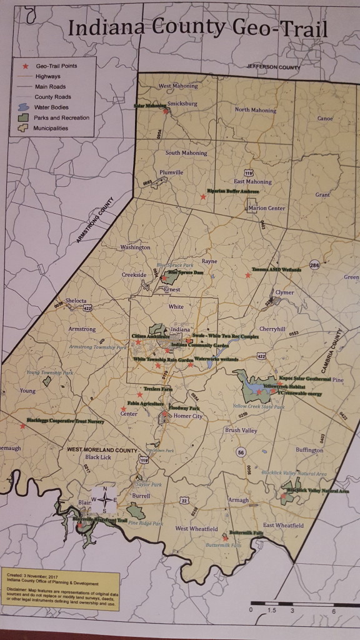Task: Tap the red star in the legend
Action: (x=26, y=66)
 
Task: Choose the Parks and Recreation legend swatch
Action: (x=25, y=117)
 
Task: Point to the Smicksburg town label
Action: (x=182, y=105)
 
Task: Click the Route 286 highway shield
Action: (x=314, y=265)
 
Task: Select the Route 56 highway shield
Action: (x=239, y=451)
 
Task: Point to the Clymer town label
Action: (x=284, y=292)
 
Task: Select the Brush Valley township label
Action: (x=241, y=430)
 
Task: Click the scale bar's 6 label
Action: (x=334, y=611)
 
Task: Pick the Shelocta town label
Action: (x=71, y=301)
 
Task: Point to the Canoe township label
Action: (x=325, y=117)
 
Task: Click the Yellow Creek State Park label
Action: (x=259, y=406)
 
